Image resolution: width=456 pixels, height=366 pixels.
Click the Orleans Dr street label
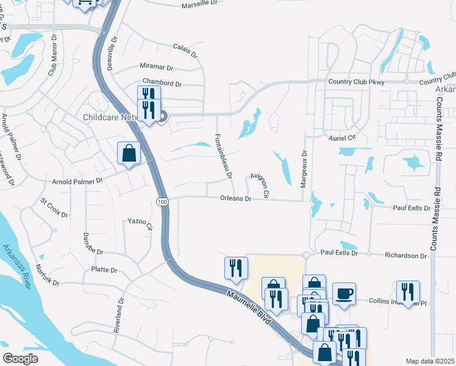(236, 199)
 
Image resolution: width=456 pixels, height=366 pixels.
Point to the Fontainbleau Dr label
(223, 156)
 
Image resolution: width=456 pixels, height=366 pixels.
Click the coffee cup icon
(344, 294)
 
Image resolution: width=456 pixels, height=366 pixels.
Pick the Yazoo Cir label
(140, 223)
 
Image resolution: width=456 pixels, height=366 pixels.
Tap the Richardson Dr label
(405, 256)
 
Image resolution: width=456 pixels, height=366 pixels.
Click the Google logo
(21, 359)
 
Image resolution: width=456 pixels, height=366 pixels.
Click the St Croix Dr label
(54, 207)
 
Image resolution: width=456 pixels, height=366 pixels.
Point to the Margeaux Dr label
(303, 166)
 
